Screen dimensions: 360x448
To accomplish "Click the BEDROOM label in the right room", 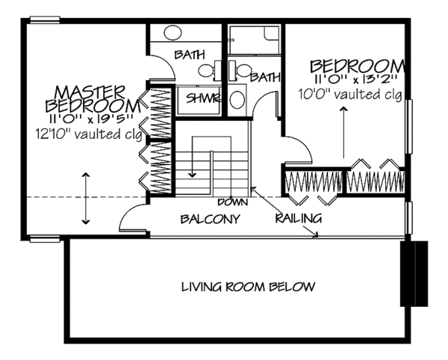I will coord(358,66).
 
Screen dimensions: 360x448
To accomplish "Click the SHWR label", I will coord(198,98).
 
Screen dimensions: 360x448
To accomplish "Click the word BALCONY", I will coord(211,220).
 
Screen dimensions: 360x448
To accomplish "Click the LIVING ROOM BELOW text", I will coord(249,286).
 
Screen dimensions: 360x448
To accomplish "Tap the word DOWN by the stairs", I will coord(232,202).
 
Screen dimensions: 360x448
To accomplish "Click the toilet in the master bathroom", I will coord(206,71).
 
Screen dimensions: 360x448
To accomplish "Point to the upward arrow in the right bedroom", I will coord(343,131).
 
